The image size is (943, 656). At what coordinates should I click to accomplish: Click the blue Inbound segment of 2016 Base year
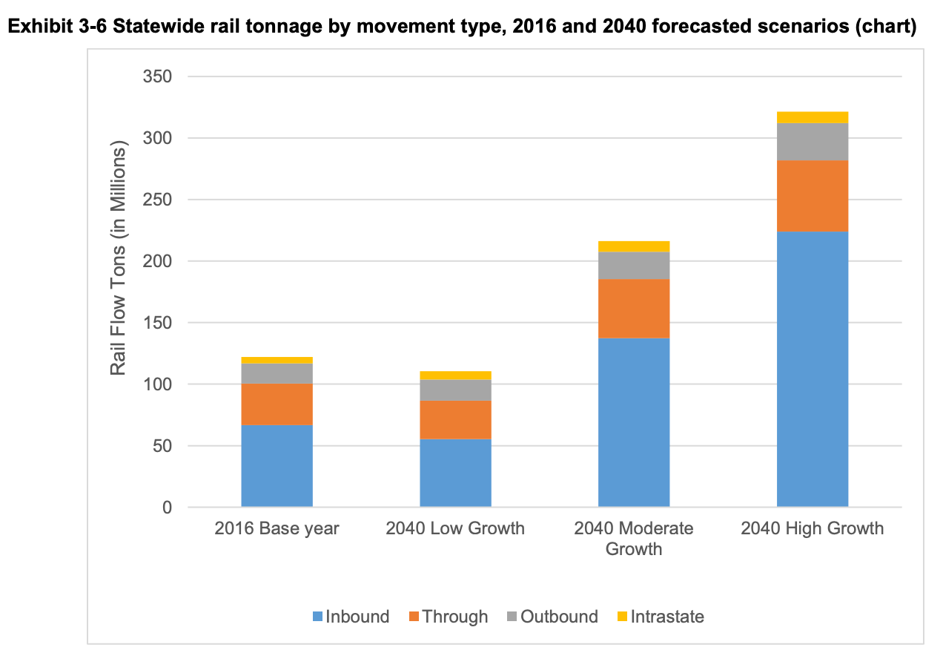[x=277, y=466]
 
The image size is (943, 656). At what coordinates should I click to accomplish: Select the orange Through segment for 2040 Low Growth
[x=455, y=419]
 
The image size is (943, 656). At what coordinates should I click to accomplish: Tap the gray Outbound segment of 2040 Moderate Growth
[x=634, y=265]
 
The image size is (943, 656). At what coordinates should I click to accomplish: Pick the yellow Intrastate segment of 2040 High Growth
[x=812, y=117]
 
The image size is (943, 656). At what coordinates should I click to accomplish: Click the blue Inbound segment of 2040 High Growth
[x=812, y=369]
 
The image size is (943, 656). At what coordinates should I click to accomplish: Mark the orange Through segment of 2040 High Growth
[x=812, y=196]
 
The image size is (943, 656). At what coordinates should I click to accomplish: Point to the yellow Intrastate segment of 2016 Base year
[x=277, y=360]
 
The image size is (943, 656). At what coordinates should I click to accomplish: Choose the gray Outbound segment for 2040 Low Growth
[x=455, y=390]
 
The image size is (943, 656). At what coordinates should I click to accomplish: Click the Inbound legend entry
[x=351, y=617]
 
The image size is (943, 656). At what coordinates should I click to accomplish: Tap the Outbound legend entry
[x=552, y=617]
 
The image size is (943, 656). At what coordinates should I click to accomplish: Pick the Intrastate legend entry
[x=660, y=617]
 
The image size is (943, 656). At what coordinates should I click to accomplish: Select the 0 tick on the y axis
[x=167, y=508]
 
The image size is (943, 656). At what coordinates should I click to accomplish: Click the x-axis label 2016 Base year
[x=277, y=528]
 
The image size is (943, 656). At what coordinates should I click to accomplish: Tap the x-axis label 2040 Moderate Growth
[x=634, y=539]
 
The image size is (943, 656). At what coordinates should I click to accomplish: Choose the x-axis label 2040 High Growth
[x=812, y=528]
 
